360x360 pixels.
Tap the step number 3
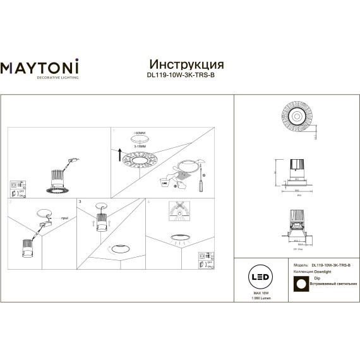click(x=79, y=201)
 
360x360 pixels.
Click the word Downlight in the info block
click(x=322, y=271)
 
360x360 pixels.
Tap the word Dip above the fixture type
click(x=318, y=278)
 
